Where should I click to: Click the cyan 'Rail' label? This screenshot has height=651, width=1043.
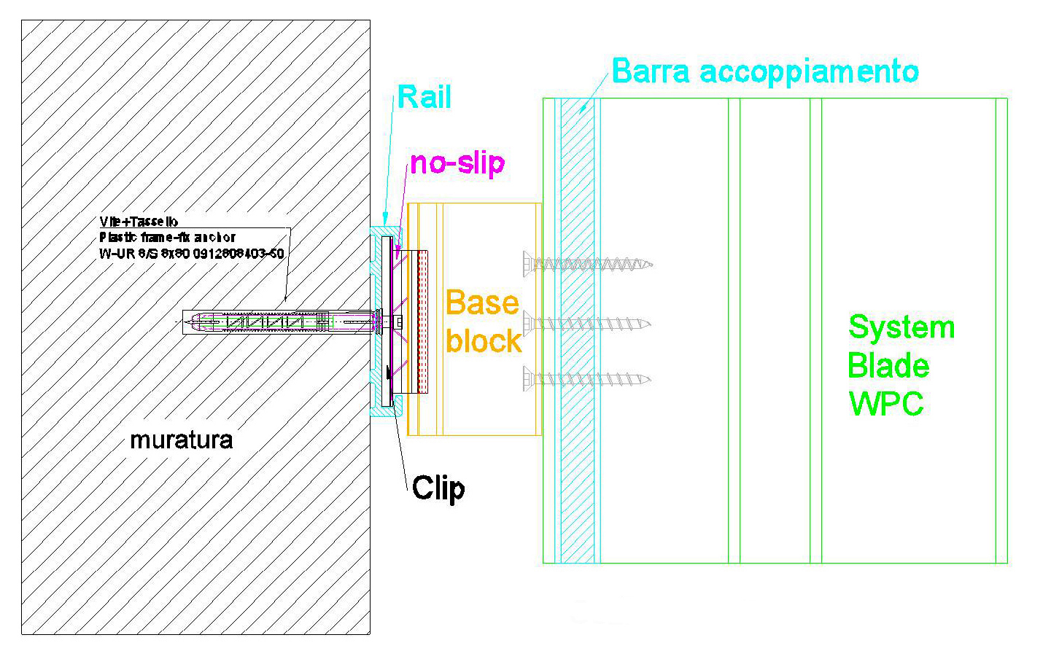coord(424,97)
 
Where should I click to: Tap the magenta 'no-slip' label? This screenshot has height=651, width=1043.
coord(457,163)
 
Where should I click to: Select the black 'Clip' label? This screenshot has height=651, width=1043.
coord(438,488)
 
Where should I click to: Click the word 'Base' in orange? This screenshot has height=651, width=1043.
coord(482,303)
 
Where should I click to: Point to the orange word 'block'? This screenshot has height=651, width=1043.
coord(484,340)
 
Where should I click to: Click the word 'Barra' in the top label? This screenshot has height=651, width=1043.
coord(651,71)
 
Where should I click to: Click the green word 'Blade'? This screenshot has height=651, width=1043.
coord(888,365)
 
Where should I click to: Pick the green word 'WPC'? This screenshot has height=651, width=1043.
coord(886,402)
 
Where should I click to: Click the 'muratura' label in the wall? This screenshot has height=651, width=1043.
coord(182,440)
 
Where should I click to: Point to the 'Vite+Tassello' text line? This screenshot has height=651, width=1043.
coord(139,222)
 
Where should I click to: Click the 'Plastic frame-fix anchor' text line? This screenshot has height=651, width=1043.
coord(168,237)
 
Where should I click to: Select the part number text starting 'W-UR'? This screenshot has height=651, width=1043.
coord(192,253)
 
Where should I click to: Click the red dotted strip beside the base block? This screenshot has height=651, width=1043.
coord(422,323)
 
